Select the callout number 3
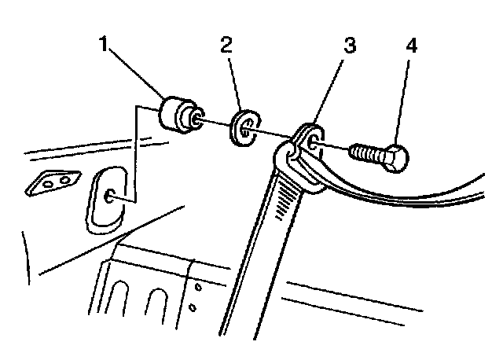tap(348, 46)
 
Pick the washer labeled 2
tap(245, 129)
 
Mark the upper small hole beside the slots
tap(197, 288)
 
